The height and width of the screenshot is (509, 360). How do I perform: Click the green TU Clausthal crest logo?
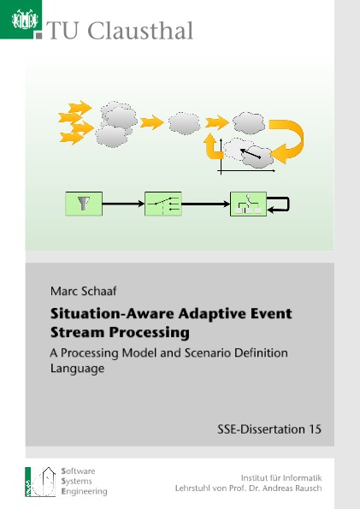pos(21,20)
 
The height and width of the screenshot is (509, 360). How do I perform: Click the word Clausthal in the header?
pos(140,31)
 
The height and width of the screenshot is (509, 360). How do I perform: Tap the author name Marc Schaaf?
pos(84,291)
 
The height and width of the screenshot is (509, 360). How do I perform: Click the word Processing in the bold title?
pos(150,333)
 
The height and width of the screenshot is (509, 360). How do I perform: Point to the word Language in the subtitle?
pos(77,369)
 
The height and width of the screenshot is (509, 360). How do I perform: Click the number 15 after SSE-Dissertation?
pos(315,429)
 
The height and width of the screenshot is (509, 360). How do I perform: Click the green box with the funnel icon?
pos(84,204)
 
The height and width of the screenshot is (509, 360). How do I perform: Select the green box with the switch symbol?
pos(163,204)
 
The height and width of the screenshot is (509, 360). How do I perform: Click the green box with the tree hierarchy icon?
pos(248,204)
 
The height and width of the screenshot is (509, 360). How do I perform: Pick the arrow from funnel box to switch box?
pos(123,204)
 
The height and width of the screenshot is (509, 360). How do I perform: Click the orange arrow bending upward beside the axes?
pos(213,147)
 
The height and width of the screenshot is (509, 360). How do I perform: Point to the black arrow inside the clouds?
pos(251,153)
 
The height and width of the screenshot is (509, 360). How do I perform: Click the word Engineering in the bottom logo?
pos(84,492)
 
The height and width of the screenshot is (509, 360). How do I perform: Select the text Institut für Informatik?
pos(281,478)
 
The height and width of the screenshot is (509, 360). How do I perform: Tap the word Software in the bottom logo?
pos(78,471)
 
